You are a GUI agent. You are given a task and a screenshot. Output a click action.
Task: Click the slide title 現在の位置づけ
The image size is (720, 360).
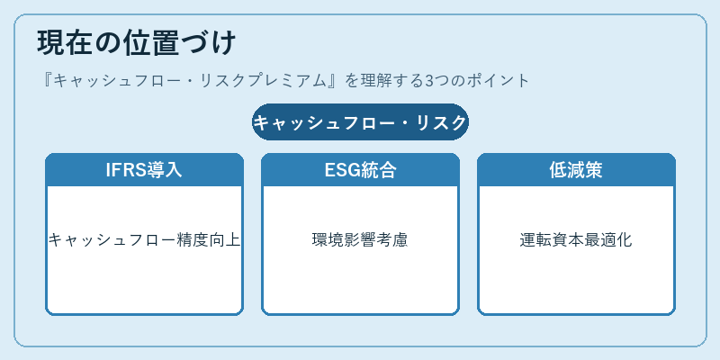tap(137, 43)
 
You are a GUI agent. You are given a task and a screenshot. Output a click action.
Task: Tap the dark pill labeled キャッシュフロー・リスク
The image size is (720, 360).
tap(361, 122)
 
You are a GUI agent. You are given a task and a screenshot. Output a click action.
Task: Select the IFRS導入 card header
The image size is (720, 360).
tap(144, 170)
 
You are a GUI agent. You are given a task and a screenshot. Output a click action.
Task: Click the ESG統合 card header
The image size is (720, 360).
tap(361, 170)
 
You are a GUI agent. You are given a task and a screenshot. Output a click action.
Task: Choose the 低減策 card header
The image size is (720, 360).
tap(576, 170)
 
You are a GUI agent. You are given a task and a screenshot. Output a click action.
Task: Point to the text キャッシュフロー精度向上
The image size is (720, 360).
tap(144, 239)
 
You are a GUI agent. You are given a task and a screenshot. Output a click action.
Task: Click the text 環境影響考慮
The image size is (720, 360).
tap(360, 239)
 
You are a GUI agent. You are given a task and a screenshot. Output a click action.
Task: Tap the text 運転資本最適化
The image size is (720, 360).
tap(576, 239)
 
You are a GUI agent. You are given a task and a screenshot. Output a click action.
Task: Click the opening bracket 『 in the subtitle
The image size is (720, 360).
tap(46, 81)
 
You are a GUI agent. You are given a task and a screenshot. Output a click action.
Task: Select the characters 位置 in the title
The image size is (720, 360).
tap(151, 43)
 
